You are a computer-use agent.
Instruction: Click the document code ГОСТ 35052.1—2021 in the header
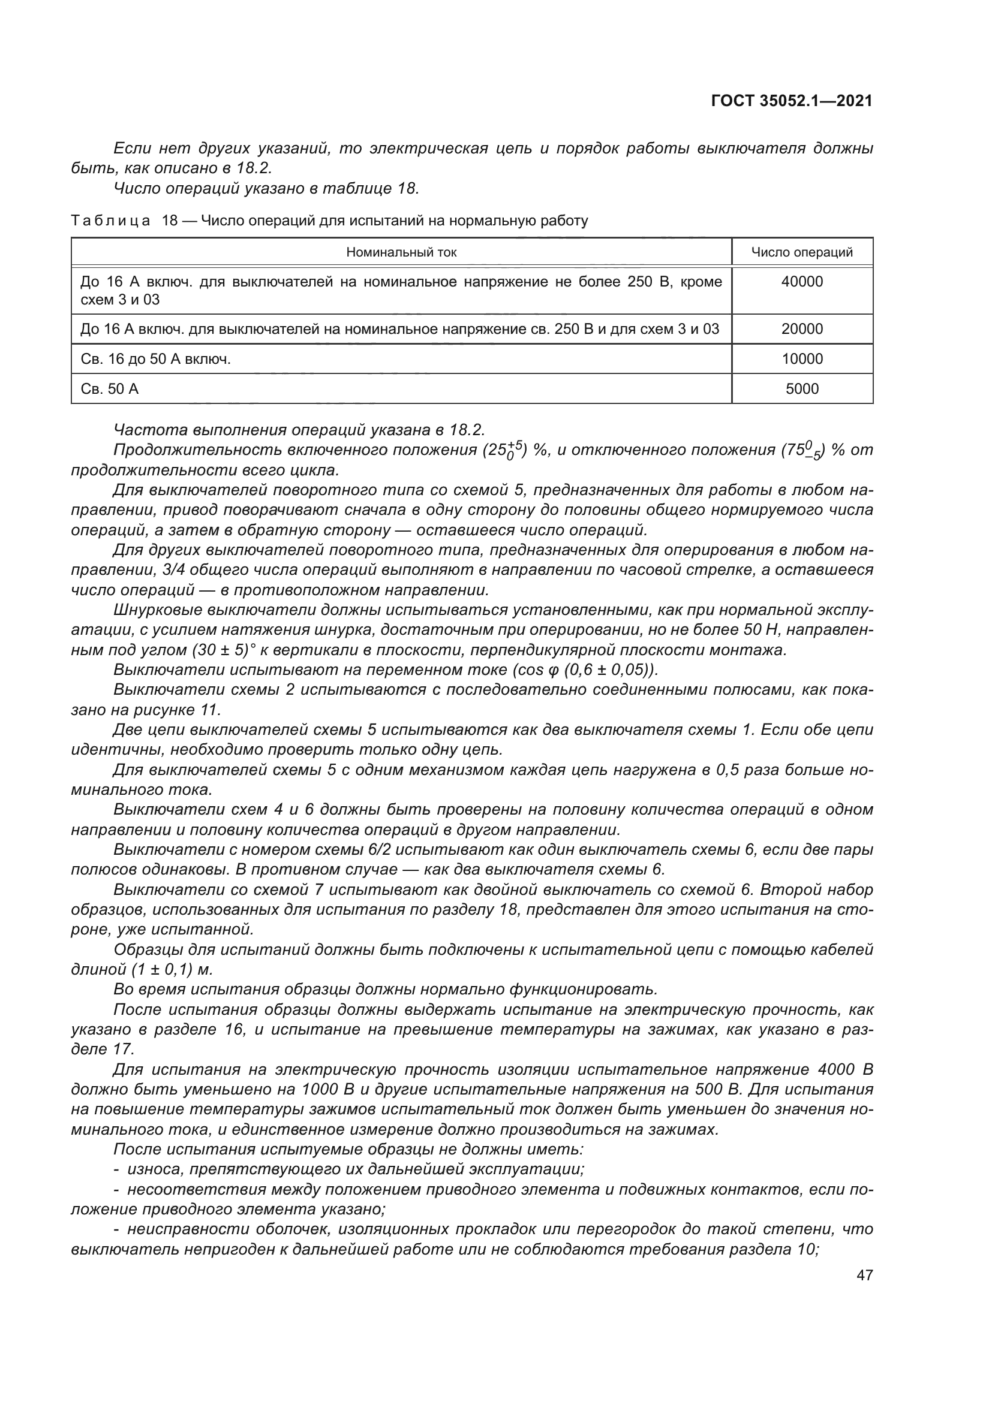tap(791, 101)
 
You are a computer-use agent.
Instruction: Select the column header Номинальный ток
tap(401, 252)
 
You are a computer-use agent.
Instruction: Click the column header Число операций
tap(801, 252)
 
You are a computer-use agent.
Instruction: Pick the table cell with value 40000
tap(801, 282)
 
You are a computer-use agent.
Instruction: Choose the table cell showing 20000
tap(801, 330)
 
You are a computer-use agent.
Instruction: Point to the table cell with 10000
tap(801, 359)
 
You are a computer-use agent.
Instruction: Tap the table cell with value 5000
tap(801, 389)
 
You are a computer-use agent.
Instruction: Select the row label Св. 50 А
tap(110, 389)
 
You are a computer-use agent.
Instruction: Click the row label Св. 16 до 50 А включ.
tap(156, 359)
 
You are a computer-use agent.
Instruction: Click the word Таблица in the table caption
tap(110, 221)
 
